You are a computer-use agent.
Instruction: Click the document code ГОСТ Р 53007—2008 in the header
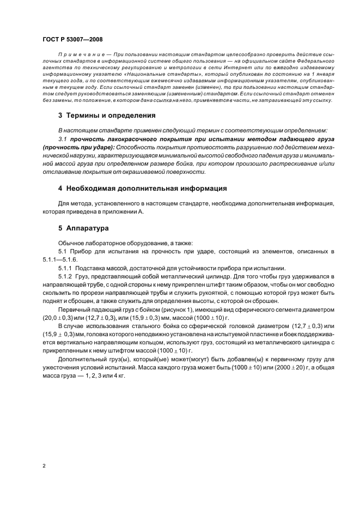[x=72, y=39]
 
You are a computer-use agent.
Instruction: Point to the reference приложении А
[x=123, y=212]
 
